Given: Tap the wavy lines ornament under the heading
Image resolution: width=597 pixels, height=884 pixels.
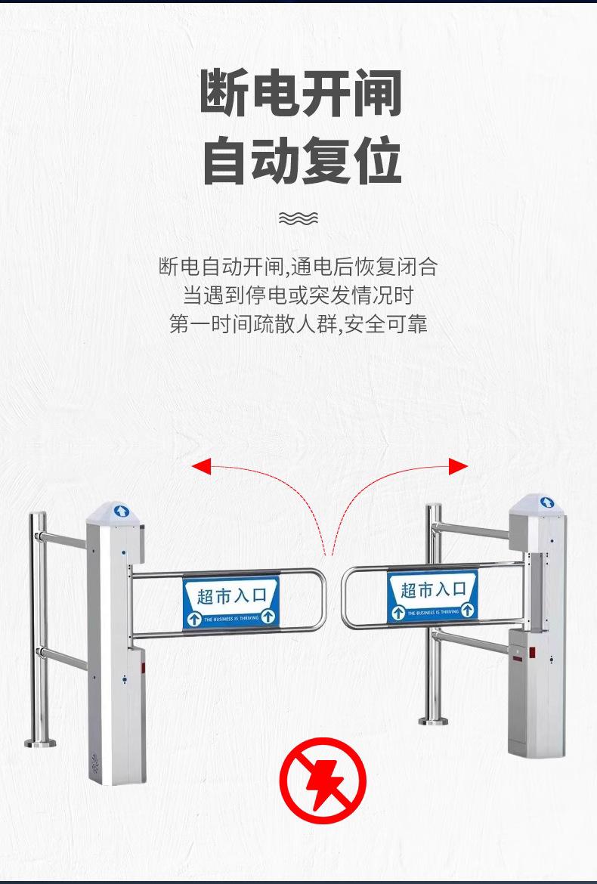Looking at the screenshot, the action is pos(298,218).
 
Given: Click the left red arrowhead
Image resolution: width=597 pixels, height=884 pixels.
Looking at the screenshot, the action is pos(200,465).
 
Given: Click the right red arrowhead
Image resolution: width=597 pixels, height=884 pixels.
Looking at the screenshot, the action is pos(458,466).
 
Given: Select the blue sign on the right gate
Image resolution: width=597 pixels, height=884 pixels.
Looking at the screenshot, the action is pos(432,597).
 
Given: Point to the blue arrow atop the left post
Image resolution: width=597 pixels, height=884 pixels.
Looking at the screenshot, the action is pos(121,512).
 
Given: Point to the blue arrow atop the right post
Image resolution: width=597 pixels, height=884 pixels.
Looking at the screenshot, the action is pos(546,502).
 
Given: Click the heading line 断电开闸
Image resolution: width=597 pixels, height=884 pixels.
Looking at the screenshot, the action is pos(300,94).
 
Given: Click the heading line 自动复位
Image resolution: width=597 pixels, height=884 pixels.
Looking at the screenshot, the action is pos(300,160).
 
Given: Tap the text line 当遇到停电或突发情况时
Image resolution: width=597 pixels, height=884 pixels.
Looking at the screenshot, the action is pos(298,295).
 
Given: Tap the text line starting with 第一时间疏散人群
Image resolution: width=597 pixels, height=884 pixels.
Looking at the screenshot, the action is pos(298,324).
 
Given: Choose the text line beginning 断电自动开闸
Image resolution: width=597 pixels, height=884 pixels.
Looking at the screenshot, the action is pos(298,266).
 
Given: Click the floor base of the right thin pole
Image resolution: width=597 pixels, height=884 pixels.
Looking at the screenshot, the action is pos(433,721).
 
